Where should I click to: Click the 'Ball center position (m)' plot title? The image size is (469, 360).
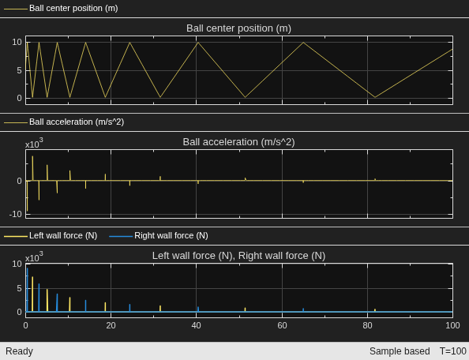(x=238, y=28)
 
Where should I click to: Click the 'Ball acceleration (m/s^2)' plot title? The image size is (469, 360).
(x=238, y=142)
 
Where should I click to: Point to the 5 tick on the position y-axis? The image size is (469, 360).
(x=19, y=70)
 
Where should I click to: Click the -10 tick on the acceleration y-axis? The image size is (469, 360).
(x=16, y=214)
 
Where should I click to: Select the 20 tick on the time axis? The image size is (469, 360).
(x=111, y=325)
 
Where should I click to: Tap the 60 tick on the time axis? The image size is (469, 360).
(x=282, y=325)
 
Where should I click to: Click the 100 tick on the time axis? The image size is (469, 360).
(x=452, y=325)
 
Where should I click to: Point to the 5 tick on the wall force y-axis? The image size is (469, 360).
(x=19, y=288)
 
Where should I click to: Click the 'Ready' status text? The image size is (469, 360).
(x=19, y=351)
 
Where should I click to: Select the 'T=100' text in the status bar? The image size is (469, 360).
(x=452, y=351)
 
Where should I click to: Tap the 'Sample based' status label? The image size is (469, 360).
(x=400, y=351)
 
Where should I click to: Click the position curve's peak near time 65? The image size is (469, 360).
(x=304, y=43)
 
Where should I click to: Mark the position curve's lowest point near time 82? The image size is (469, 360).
(x=375, y=97)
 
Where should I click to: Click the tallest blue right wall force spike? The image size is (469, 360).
(x=27, y=290)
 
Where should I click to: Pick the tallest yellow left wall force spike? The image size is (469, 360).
(x=32, y=294)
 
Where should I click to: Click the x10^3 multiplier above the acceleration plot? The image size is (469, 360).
(x=34, y=144)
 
